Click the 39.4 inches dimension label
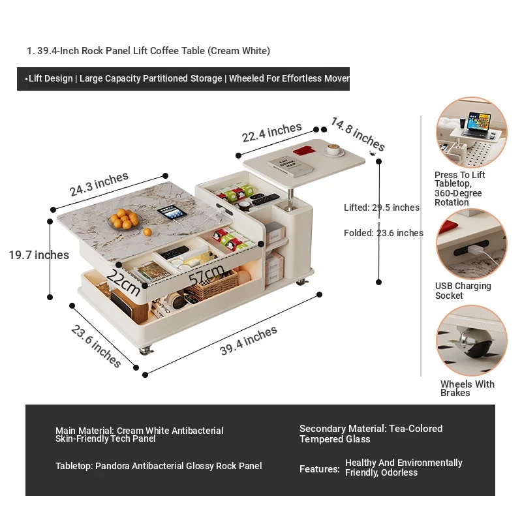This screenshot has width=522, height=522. click(249, 341)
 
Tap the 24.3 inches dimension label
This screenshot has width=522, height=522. click(99, 185)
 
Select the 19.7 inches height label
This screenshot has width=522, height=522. click(38, 255)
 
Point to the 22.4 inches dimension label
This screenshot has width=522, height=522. click(271, 133)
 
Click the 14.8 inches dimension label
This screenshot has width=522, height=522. click(358, 134)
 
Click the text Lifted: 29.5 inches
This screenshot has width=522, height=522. click(382, 207)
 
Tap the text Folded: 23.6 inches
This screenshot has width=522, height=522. click(384, 233)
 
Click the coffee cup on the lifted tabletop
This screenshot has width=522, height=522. click(335, 150)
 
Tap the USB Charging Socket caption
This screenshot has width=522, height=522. click(463, 290)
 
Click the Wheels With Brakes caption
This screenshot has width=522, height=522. click(467, 388)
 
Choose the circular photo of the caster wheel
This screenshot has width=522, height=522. click(471, 340)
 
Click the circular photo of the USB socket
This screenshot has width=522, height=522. click(471, 244)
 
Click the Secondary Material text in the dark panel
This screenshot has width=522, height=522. click(371, 434)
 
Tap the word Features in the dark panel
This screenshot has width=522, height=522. click(319, 468)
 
